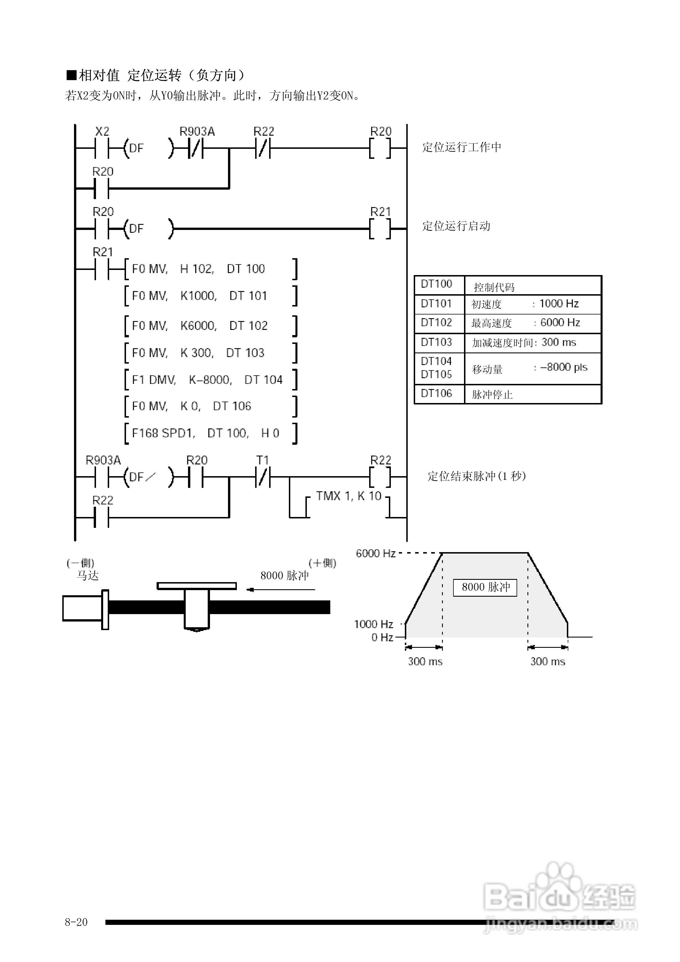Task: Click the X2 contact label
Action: [102, 132]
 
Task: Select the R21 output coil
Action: [380, 229]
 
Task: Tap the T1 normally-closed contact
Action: [263, 477]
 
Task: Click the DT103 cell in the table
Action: [436, 342]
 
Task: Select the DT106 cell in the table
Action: [436, 393]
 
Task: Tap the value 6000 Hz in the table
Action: [560, 323]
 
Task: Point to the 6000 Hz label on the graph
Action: [376, 554]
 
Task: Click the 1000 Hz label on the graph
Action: [373, 624]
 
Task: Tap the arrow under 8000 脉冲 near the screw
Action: [281, 590]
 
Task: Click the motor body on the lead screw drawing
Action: [82, 608]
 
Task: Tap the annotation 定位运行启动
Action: [456, 226]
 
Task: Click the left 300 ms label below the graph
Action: [425, 662]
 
